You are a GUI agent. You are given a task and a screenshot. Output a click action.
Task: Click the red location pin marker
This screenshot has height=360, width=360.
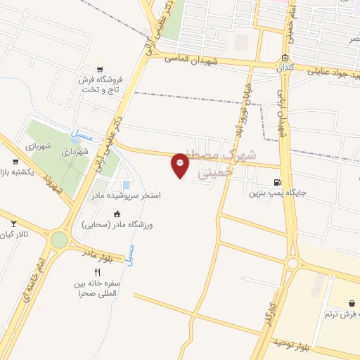181,166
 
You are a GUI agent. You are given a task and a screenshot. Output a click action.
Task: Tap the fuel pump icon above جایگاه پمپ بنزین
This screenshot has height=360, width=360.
285,181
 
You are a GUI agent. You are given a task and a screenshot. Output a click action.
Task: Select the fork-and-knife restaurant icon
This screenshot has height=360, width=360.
97,272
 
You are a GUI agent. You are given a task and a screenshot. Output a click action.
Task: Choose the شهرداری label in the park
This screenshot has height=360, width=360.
74,151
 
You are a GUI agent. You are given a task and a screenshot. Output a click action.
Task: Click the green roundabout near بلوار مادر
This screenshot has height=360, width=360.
60,240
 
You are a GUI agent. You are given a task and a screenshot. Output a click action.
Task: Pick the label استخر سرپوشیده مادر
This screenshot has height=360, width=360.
131,195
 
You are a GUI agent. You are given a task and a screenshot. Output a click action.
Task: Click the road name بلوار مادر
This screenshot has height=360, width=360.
97,252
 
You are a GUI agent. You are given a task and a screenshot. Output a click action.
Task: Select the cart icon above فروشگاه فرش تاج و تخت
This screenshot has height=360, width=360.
101,69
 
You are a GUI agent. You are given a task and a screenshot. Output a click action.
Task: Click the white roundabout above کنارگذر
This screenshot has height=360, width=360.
292,263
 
